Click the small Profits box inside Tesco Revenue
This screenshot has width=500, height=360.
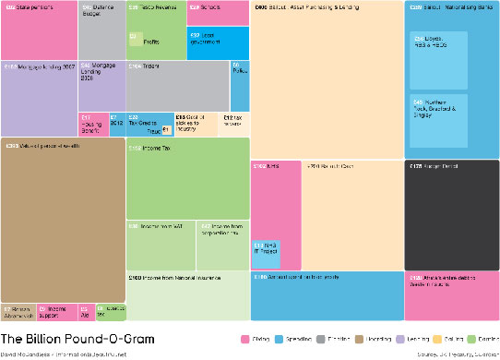tap(142, 39)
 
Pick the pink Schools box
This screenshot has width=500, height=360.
tap(218, 13)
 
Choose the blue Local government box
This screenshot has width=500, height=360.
tap(218, 42)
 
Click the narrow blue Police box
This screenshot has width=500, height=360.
tap(239, 86)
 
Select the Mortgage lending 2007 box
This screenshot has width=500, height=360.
tap(39, 98)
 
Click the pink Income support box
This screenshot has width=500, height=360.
tap(55, 312)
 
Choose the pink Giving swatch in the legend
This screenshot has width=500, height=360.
tap(246, 339)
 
